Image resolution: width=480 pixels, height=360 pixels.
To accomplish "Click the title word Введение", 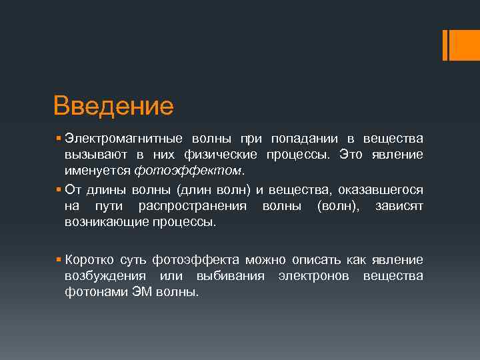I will coord(113,105).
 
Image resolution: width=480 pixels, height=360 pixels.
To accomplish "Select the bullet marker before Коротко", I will coord(59,259).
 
